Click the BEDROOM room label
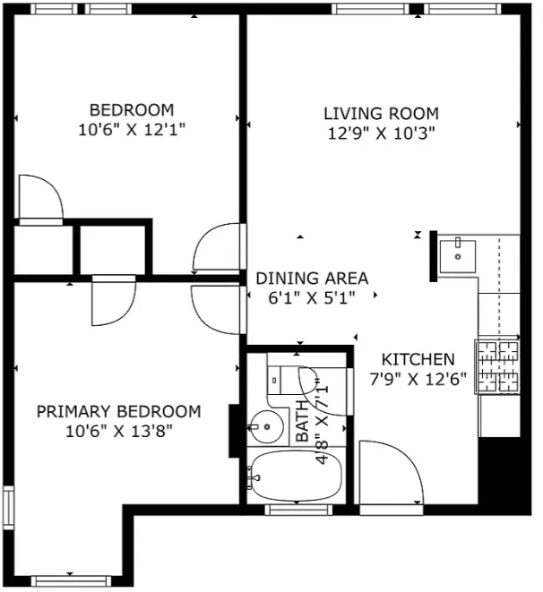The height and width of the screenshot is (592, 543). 132,110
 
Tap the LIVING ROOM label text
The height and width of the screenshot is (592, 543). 382,113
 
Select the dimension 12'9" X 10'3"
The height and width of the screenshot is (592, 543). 382,133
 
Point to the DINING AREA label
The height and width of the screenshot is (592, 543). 312,279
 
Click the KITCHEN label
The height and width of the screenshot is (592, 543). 418,359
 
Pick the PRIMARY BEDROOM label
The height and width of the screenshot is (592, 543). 118,411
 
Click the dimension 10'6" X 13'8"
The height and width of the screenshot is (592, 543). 119,431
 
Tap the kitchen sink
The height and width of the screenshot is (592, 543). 458,256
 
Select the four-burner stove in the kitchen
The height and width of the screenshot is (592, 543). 497,367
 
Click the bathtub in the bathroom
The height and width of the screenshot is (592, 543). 296,476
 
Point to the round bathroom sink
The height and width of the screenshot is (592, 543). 267,427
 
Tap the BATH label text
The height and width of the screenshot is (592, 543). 303,421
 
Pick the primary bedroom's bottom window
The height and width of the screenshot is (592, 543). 71,580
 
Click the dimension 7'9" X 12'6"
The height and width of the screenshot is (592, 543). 418,379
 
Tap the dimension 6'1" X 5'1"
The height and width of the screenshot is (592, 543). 312,298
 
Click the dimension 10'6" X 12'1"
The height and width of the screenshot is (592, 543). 132,130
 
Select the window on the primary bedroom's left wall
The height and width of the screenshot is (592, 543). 8,508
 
